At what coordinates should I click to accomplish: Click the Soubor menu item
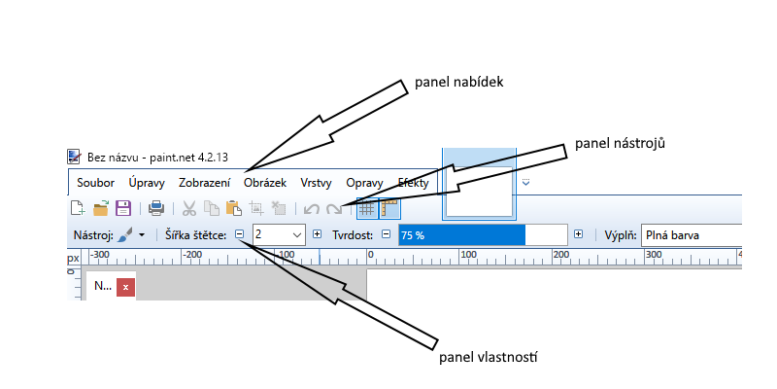pos(95,182)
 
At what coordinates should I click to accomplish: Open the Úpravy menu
pos(147,182)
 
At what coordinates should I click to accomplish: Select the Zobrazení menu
pos(204,182)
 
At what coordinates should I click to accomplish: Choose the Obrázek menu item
pos(265,182)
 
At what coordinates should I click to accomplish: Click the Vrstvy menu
pos(317,182)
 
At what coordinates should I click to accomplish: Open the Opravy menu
pos(365,182)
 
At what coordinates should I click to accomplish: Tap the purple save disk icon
pos(123,207)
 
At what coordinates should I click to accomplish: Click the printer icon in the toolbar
pos(155,207)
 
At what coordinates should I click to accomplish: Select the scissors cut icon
pos(188,207)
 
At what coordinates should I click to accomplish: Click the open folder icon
pos(101,207)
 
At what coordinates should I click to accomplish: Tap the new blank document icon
pos(78,207)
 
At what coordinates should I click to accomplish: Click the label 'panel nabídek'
pos(457,82)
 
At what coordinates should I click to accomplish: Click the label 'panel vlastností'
pos(488,357)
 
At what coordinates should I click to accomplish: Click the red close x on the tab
pos(125,287)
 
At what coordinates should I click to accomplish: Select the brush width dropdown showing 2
pos(278,234)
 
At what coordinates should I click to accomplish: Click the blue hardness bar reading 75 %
pos(461,234)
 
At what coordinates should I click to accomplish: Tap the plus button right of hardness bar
pos(579,234)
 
